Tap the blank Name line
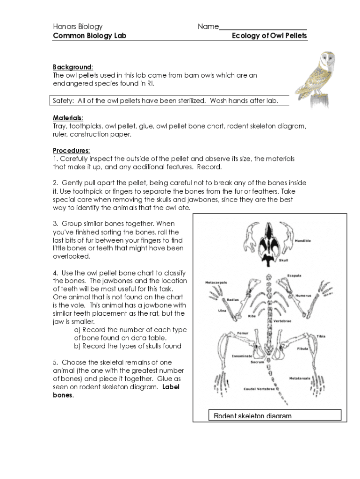263,27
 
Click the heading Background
72,67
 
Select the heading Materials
68,117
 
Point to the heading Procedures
71,150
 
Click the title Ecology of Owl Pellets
269,36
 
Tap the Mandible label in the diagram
302,241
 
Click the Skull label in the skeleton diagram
283,261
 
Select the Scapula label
294,276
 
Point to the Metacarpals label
216,283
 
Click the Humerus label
303,296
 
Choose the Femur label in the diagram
242,333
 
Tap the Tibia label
321,336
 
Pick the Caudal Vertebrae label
259,389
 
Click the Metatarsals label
300,378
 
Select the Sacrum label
258,362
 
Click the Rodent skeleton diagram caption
252,416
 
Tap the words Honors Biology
78,27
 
